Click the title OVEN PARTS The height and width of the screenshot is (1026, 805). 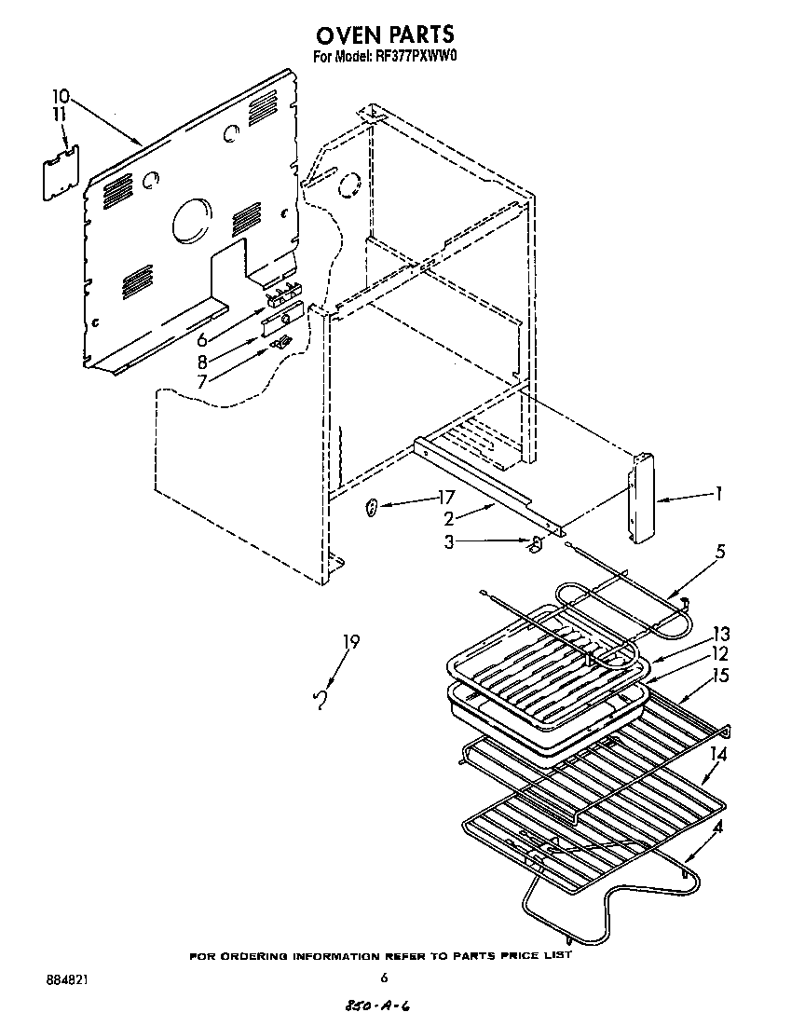coord(385,34)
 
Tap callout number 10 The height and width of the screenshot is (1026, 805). coord(61,96)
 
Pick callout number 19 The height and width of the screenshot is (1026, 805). coord(350,641)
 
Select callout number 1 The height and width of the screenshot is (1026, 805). coord(717,494)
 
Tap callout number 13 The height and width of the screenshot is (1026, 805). coord(721,634)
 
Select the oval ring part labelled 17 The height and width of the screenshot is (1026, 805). coord(371,508)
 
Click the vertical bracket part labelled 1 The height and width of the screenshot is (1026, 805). coord(640,499)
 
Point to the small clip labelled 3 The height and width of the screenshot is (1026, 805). coord(535,546)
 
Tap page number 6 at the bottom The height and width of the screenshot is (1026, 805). coord(383,978)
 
